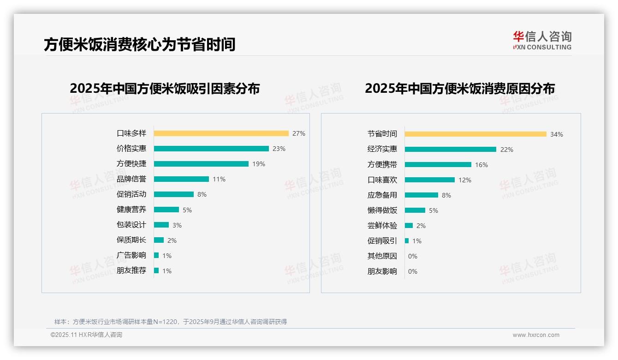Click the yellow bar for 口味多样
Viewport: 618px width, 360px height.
click(x=221, y=133)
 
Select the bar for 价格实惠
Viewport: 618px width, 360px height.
click(x=211, y=149)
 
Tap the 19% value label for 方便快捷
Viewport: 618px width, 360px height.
click(x=258, y=164)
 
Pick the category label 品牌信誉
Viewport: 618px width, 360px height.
click(x=131, y=179)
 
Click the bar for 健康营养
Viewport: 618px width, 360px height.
click(x=166, y=210)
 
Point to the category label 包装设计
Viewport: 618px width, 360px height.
click(x=131, y=225)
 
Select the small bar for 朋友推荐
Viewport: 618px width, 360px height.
click(x=156, y=270)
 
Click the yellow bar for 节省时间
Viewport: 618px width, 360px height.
click(x=475, y=134)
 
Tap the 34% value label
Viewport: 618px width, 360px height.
click(x=556, y=134)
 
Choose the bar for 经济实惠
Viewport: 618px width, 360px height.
click(x=451, y=150)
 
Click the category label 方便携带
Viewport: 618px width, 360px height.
click(x=382, y=165)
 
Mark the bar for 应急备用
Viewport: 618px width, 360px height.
click(x=422, y=195)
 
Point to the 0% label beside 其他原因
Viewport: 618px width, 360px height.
click(x=412, y=256)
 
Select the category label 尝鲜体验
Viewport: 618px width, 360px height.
click(x=382, y=226)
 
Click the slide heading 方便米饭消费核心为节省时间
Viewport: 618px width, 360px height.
click(x=139, y=44)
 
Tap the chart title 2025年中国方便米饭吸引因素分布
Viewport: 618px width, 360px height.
click(x=165, y=88)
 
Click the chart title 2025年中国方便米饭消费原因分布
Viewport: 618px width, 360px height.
click(x=459, y=88)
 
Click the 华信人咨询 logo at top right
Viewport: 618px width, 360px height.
click(x=542, y=40)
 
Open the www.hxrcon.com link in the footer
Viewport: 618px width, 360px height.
click(x=535, y=335)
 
